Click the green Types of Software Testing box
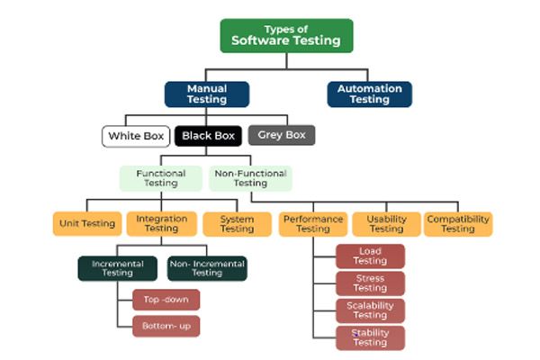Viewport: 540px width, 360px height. (286, 35)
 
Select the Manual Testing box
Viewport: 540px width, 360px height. (206, 94)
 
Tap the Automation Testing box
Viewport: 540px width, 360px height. (369, 94)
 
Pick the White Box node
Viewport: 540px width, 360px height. (135, 137)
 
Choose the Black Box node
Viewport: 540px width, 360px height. (208, 137)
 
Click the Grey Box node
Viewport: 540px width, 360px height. (282, 136)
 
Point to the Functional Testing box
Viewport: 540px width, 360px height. (161, 177)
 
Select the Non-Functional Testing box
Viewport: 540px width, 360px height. (251, 177)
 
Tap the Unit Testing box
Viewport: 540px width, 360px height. (87, 223)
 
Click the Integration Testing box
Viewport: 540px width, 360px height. (161, 223)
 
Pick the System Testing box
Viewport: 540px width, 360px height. (237, 223)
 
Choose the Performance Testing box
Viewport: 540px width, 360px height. (312, 223)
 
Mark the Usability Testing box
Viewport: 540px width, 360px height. (385, 223)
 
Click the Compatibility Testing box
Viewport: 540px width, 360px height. (458, 223)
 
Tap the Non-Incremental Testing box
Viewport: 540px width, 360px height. (207, 267)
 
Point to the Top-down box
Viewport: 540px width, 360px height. (166, 300)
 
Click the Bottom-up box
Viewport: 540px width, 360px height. (166, 326)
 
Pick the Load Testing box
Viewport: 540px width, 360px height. (370, 256)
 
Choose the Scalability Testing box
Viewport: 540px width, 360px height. (370, 310)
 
